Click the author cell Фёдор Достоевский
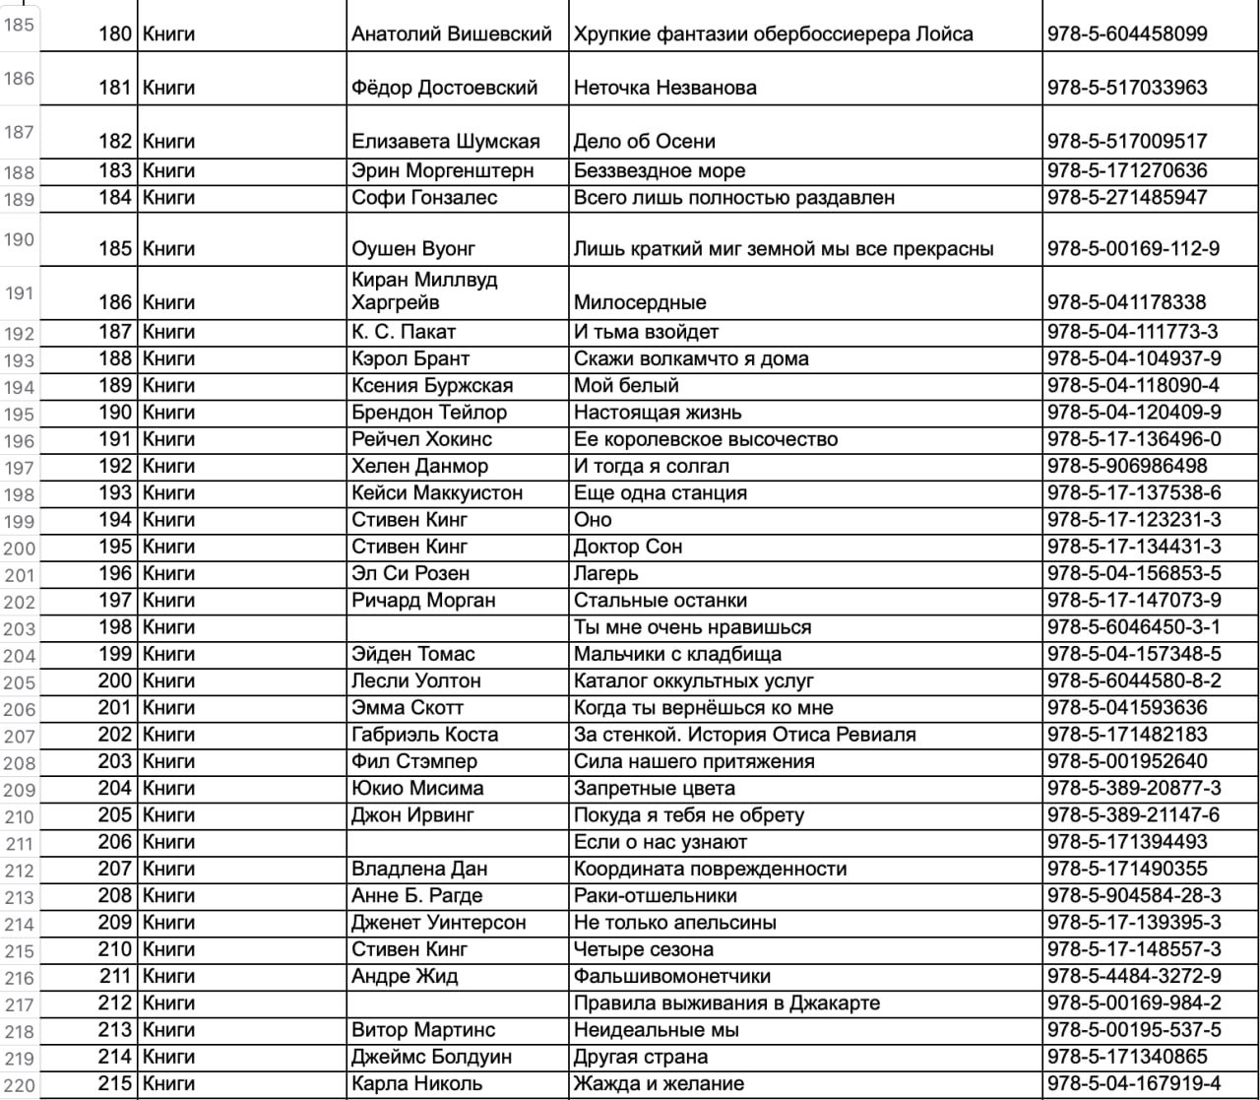tap(445, 89)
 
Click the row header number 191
tap(20, 293)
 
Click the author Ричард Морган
tap(425, 600)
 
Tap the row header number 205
tap(20, 680)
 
